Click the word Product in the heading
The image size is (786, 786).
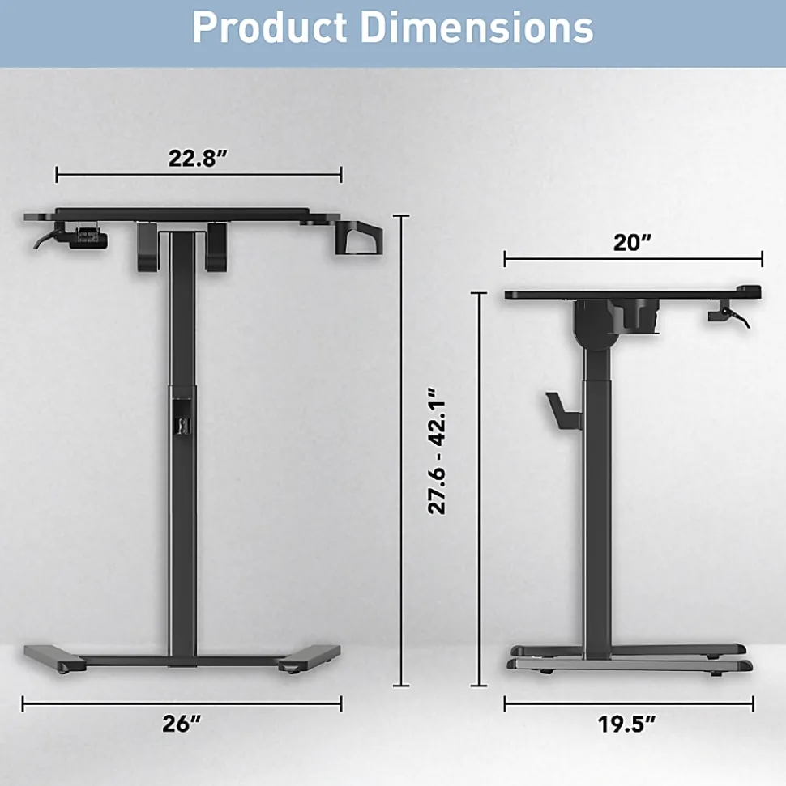tap(270, 28)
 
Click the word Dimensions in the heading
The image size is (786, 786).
tap(476, 28)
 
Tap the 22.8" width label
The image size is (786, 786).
tap(198, 158)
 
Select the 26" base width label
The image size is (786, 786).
tap(182, 724)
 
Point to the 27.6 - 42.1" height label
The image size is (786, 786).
tap(437, 451)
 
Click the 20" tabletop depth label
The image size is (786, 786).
tap(632, 243)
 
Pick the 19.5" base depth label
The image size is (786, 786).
tap(626, 724)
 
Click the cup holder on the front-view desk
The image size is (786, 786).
tap(358, 237)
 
